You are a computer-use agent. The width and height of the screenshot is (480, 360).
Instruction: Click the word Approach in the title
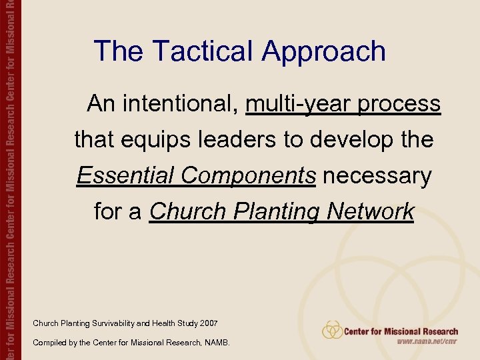coord(324,51)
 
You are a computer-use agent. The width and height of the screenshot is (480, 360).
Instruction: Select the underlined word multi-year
coord(298,104)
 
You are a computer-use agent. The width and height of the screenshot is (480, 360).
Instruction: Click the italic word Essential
coord(127,176)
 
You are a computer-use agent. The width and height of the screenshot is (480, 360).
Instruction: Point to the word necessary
coord(379,176)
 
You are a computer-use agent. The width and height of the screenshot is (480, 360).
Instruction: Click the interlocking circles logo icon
coord(332,330)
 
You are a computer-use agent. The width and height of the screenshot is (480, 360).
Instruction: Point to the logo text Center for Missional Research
coord(401,331)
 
